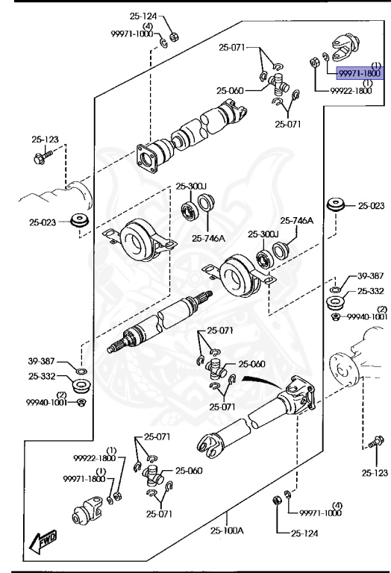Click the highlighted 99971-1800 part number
tap(360, 74)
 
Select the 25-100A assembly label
tap(225, 530)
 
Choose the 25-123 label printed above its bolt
tap(45, 140)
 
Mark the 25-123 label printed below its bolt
tap(375, 472)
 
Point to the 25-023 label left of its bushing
tap(43, 222)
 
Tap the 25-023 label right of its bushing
tap(370, 206)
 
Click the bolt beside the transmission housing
tap(39, 157)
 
